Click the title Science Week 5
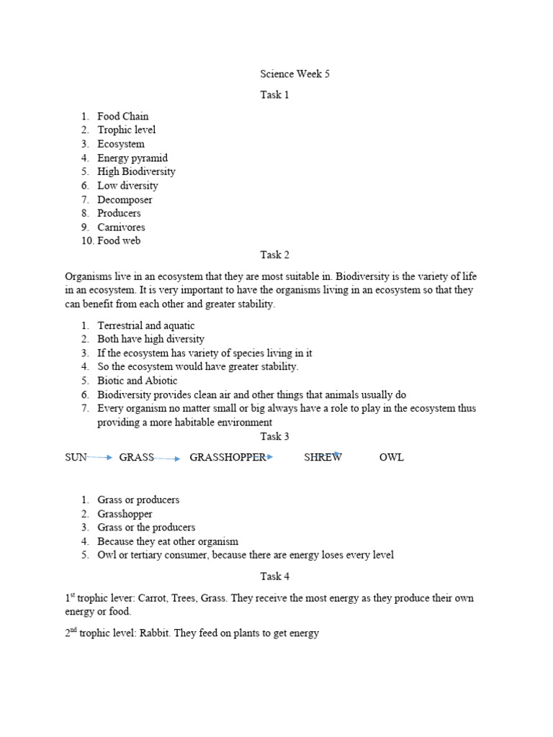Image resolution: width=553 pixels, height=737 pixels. (x=295, y=74)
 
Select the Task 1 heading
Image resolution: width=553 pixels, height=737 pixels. (x=274, y=95)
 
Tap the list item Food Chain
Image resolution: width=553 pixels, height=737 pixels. (x=123, y=116)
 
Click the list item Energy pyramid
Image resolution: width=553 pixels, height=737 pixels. (x=132, y=158)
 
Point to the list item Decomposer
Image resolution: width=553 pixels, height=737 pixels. (x=125, y=199)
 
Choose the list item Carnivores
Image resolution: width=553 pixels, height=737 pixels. (x=121, y=227)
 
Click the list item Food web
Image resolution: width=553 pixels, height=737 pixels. (x=119, y=241)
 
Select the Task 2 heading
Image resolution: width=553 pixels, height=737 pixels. (x=274, y=255)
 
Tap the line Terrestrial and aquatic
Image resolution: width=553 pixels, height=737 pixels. (x=146, y=325)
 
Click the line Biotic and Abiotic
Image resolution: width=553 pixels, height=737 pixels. (x=138, y=381)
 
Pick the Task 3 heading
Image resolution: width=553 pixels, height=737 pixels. (x=274, y=436)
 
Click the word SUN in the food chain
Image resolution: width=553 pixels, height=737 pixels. (x=76, y=458)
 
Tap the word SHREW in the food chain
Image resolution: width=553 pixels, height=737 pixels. (x=323, y=458)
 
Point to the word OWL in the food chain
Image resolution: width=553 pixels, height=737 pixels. (x=392, y=458)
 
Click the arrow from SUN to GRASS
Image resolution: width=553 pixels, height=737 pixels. (x=100, y=457)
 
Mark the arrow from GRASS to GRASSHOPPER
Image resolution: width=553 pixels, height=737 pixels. (x=167, y=458)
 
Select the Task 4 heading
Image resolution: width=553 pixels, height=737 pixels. (x=274, y=576)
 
